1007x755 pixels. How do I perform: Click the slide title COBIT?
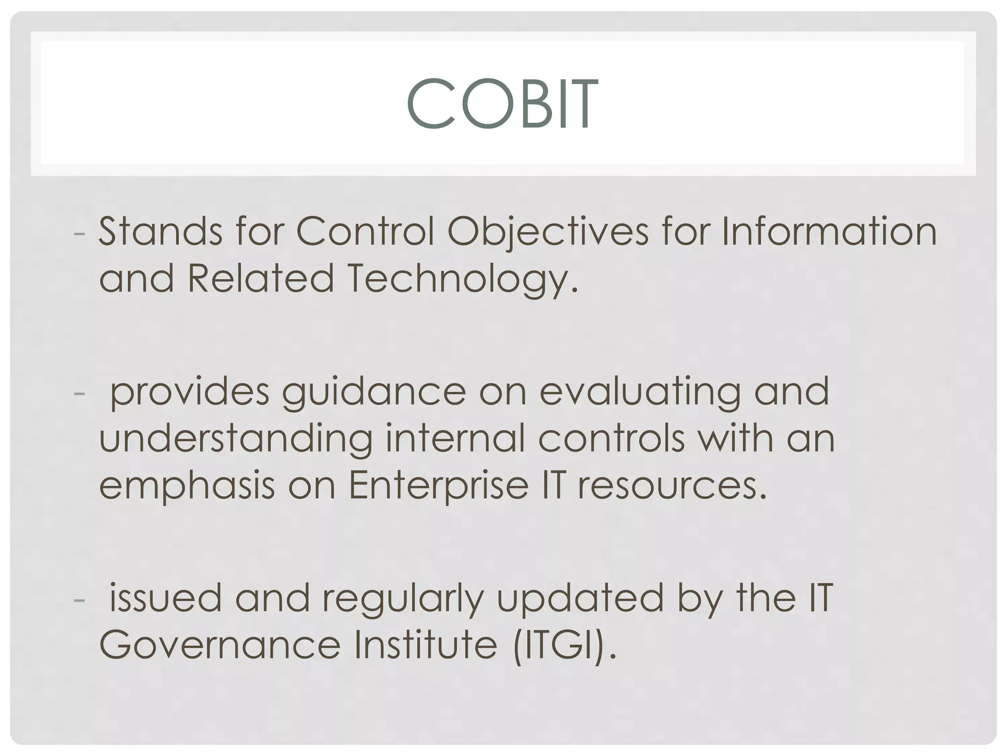[x=502, y=104]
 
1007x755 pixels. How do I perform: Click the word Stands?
[x=160, y=231]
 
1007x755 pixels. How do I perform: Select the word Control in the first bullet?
[x=365, y=231]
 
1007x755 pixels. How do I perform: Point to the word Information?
[x=829, y=231]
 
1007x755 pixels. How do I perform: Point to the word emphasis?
[x=187, y=486]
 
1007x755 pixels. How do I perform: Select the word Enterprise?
[x=439, y=486]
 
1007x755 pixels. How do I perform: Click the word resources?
[x=672, y=486]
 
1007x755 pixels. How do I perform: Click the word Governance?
[x=220, y=645]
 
